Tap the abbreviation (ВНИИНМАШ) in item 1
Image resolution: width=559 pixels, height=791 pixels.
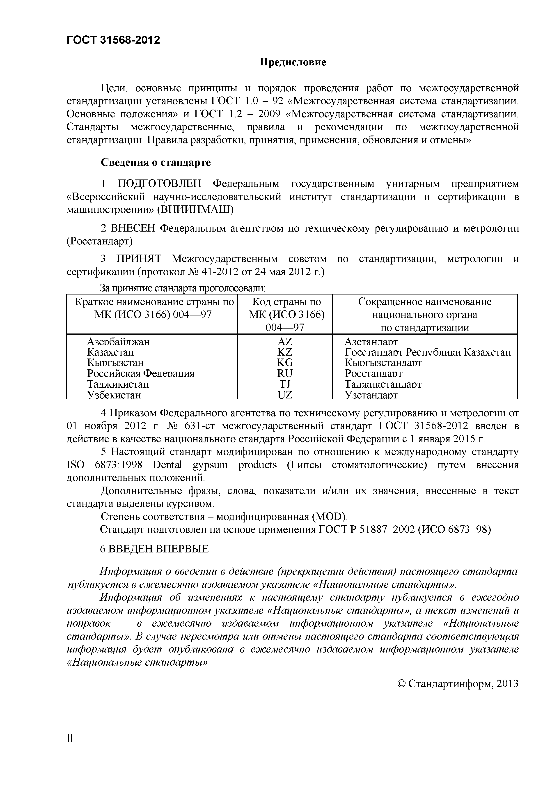pyautogui.click(x=195, y=209)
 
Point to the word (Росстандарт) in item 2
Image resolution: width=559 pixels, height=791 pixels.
pyautogui.click(x=99, y=241)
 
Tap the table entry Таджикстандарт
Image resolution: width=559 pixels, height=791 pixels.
pyautogui.click(x=383, y=384)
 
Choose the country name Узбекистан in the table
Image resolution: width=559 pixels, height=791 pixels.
pyautogui.click(x=114, y=395)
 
